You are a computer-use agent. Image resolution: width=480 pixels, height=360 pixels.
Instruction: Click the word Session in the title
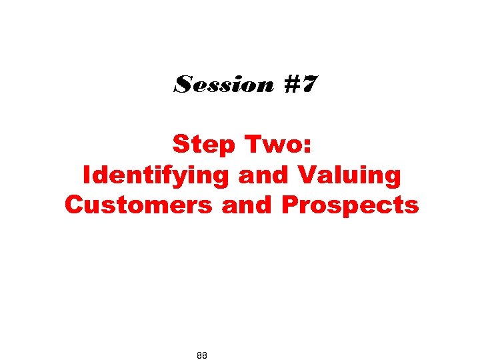click(223, 85)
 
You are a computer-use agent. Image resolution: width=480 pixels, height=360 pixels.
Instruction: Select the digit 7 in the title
click(309, 85)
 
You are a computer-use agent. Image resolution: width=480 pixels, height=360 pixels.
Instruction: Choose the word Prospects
click(350, 205)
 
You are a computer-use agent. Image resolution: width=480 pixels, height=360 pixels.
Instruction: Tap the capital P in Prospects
click(290, 205)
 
